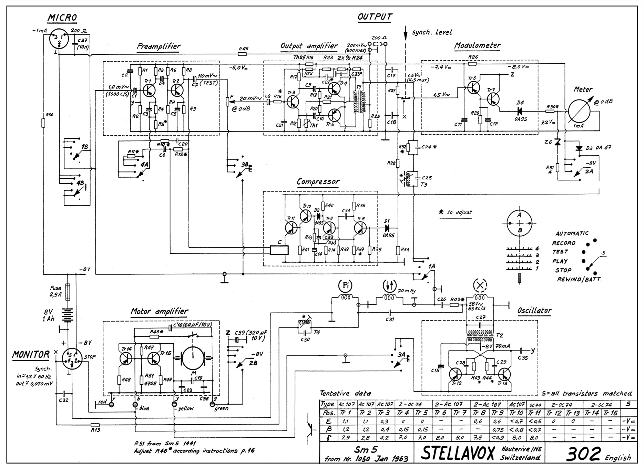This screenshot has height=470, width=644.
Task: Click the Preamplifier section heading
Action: tap(159, 46)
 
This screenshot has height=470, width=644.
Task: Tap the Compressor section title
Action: tap(318, 181)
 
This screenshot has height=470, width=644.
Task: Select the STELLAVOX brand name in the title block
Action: tap(458, 453)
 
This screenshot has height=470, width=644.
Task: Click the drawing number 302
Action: tap(583, 454)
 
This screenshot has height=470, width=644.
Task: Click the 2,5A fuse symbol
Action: tap(68, 288)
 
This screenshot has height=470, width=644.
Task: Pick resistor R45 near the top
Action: tap(243, 54)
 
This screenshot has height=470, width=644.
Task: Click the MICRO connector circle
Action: tap(59, 39)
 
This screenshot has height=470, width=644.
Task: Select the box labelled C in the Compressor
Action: tap(279, 250)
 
